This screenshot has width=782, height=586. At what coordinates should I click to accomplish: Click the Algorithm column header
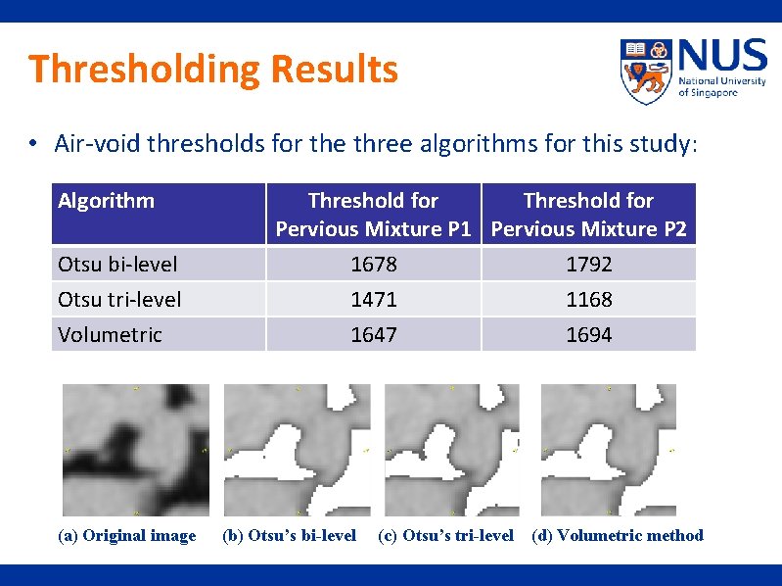click(106, 201)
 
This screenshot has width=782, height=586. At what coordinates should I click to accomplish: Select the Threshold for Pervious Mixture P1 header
click(373, 215)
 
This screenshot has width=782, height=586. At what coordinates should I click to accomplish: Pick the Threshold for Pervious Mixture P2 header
click(588, 215)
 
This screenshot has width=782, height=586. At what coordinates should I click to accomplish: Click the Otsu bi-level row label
click(118, 265)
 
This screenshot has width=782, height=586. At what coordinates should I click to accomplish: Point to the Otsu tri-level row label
click(119, 299)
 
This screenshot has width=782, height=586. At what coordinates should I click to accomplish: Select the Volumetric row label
click(110, 334)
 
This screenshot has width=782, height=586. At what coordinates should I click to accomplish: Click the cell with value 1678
click(373, 265)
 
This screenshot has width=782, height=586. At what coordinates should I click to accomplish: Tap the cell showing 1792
click(588, 265)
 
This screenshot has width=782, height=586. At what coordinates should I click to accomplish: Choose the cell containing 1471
click(373, 299)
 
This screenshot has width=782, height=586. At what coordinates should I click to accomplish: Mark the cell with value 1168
click(588, 299)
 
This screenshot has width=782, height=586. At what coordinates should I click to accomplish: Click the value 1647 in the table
click(373, 334)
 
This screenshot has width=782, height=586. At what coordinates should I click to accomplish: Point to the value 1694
click(588, 334)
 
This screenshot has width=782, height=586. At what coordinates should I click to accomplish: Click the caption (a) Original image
click(127, 535)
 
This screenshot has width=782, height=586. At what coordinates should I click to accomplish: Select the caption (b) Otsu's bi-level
click(290, 535)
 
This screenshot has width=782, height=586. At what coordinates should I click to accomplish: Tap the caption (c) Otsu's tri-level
click(445, 535)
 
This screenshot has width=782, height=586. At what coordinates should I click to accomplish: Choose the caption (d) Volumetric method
click(618, 535)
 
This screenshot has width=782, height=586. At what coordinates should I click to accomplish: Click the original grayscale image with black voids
click(136, 450)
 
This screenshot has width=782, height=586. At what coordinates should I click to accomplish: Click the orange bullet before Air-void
click(33, 145)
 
